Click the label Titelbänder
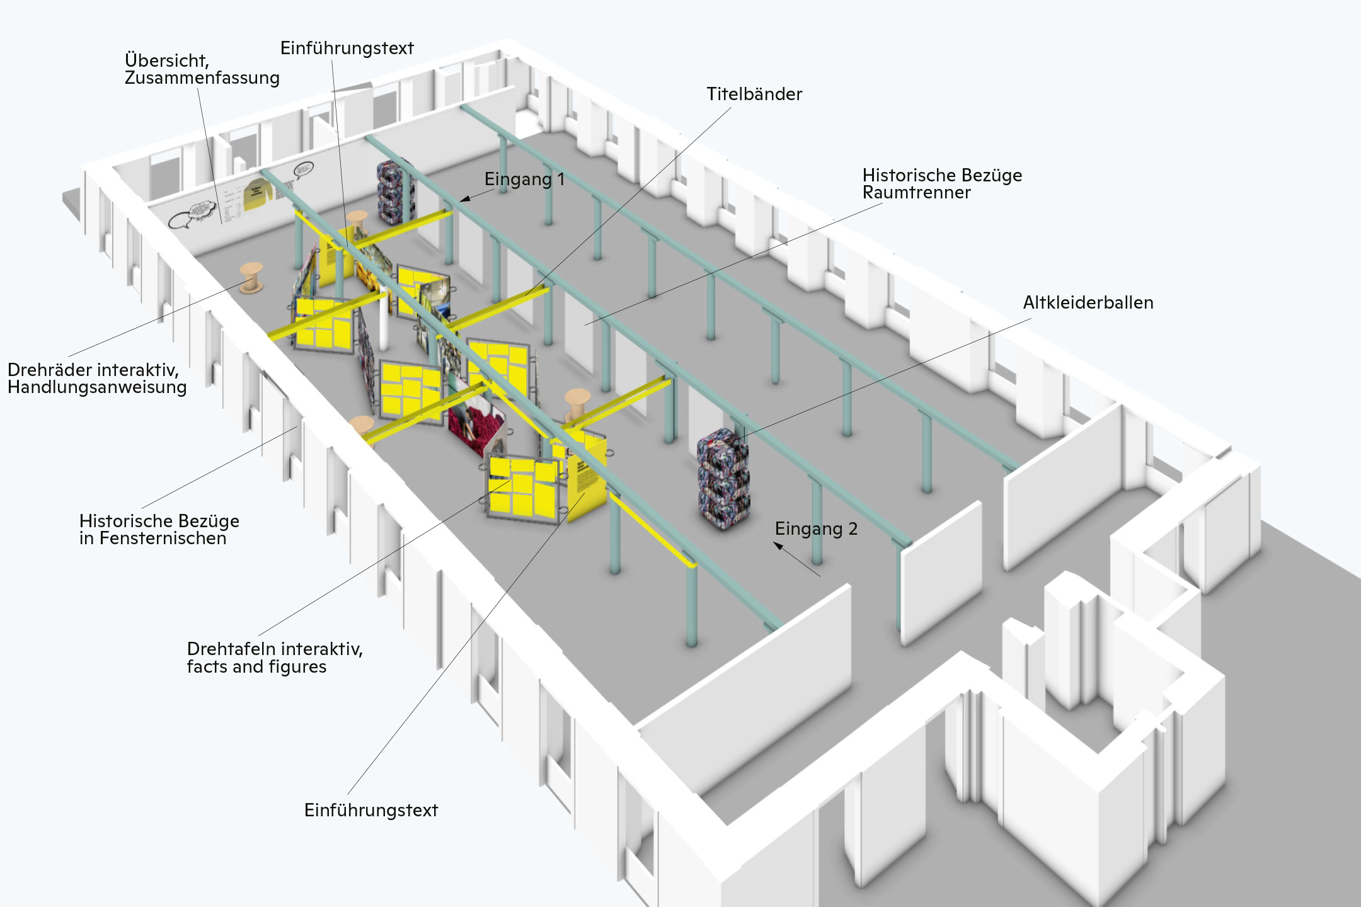[754, 94]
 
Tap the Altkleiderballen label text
[1088, 303]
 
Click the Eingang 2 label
[816, 529]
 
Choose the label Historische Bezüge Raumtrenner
[941, 184]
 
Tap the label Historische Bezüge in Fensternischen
[159, 530]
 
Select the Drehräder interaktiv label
[93, 370]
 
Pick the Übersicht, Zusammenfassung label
[202, 69]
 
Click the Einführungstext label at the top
[347, 48]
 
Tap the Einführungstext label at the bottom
[370, 811]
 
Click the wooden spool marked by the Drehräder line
[251, 278]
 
